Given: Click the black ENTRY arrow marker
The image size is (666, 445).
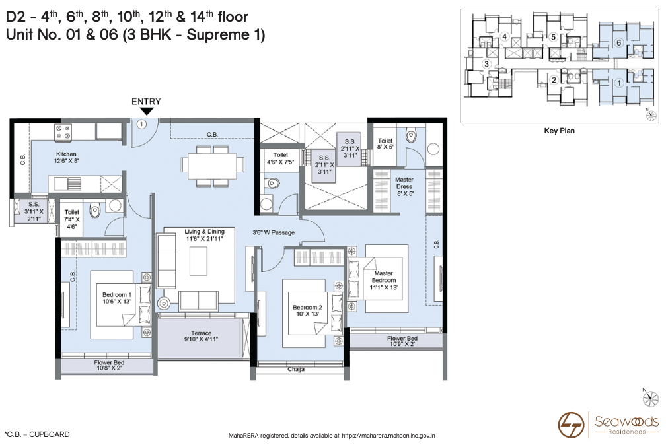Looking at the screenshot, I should click(146, 111).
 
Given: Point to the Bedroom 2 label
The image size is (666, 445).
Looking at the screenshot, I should click(307, 311).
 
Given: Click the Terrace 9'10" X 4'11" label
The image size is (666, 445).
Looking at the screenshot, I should click(202, 337).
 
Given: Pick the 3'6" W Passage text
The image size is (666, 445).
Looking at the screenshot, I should click(274, 233).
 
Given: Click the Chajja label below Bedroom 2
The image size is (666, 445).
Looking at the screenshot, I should click(295, 370).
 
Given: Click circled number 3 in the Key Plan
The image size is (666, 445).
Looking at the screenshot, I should click(486, 64).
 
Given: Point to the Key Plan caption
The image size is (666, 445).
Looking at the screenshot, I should click(559, 131).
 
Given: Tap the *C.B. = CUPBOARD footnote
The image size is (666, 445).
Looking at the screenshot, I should click(37, 434).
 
